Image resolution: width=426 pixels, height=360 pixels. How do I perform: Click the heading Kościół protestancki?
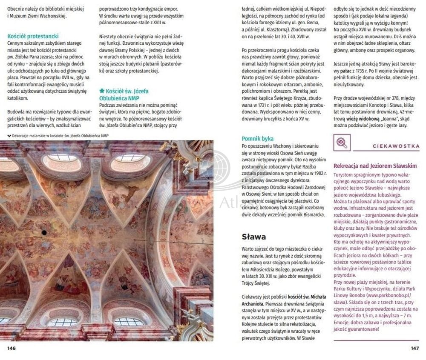click(x=33, y=37)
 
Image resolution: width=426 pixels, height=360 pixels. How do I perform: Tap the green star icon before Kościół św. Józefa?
click(x=102, y=91)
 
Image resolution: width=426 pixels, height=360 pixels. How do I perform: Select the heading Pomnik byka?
click(x=257, y=139)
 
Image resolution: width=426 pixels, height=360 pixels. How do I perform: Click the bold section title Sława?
click(x=253, y=237)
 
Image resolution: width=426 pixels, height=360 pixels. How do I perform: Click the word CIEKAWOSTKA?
click(x=395, y=146)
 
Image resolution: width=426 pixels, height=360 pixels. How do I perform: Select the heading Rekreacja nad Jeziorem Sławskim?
click(x=375, y=166)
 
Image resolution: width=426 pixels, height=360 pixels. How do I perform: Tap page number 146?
click(x=12, y=348)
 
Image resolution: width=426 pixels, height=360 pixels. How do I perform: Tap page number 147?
click(x=414, y=348)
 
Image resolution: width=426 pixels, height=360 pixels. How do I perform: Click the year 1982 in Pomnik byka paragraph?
click(x=317, y=173)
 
